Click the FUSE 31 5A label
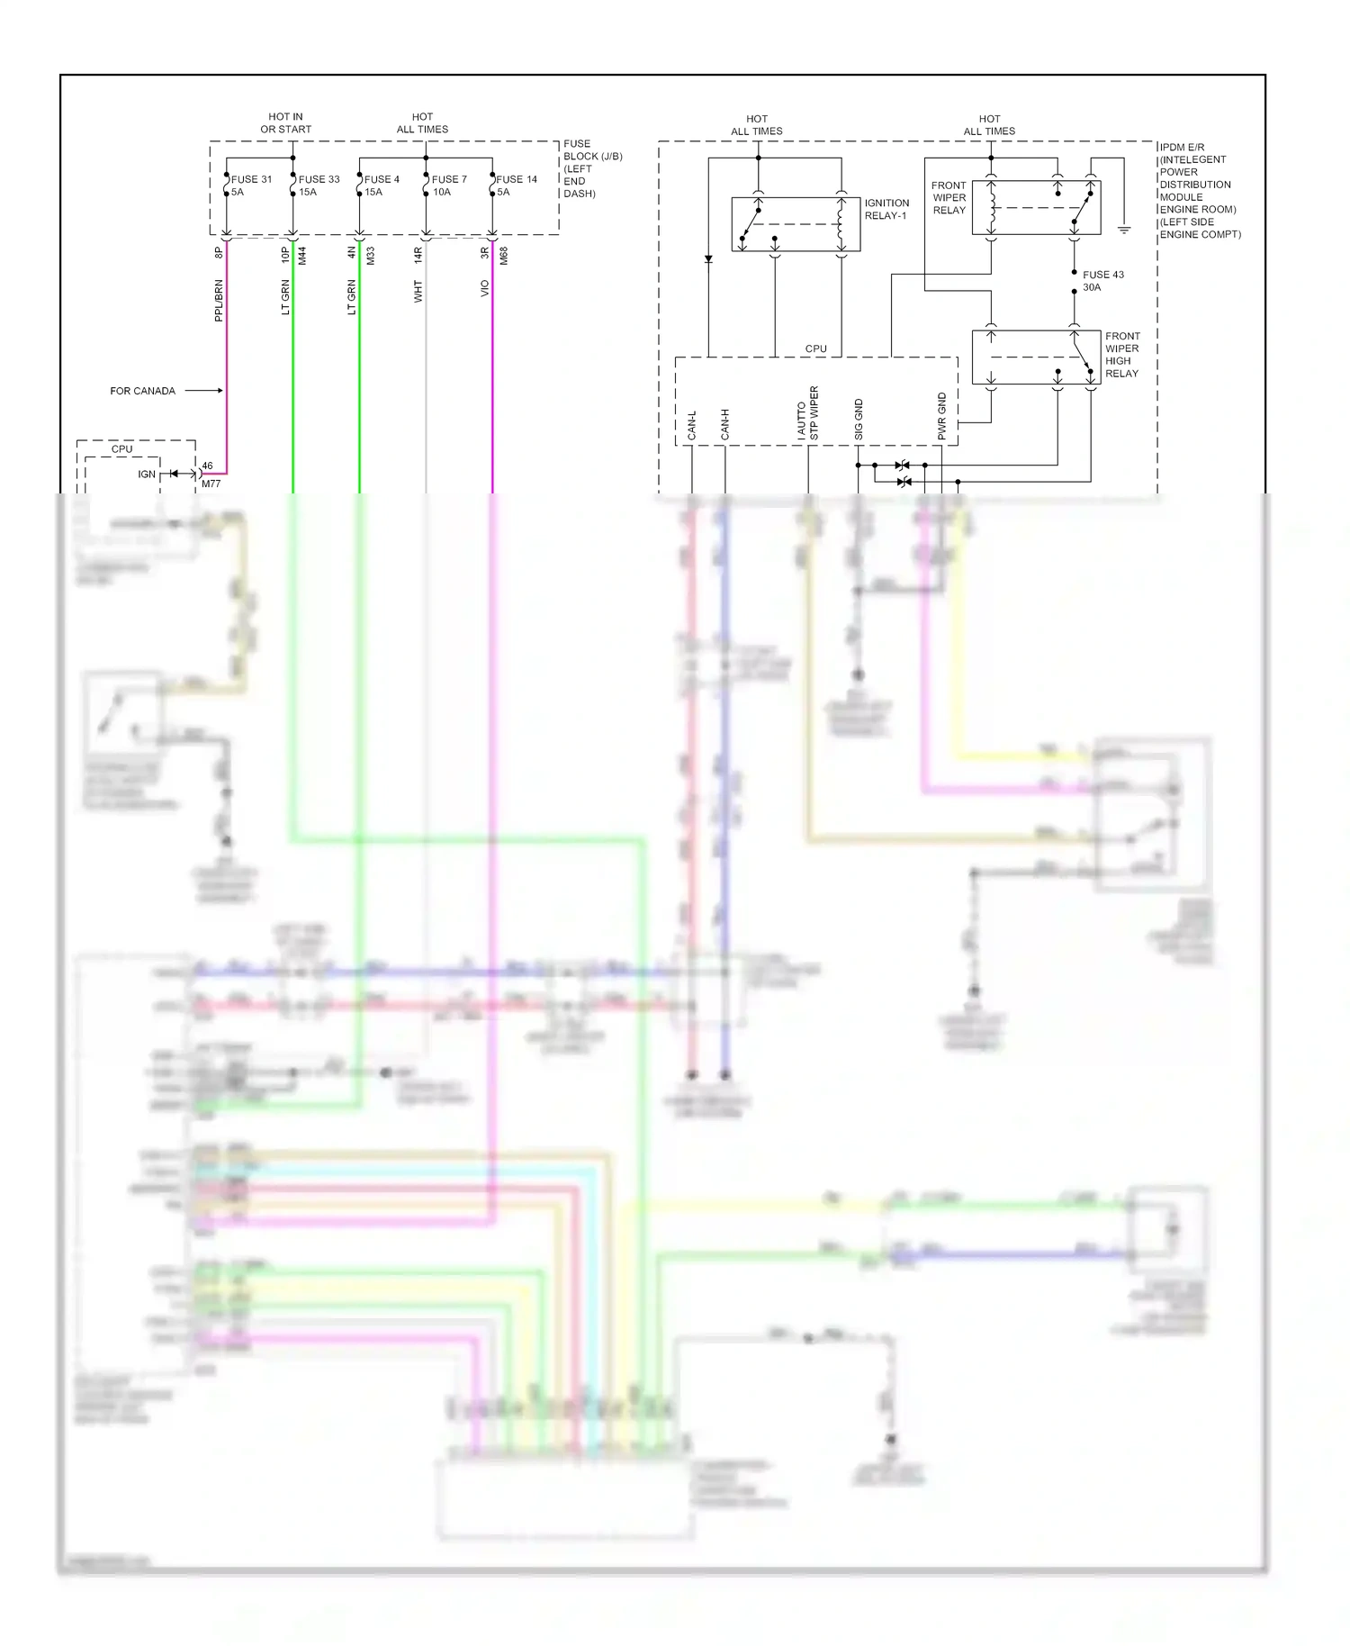point(250,185)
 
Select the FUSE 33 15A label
point(319,185)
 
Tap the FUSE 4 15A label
point(381,185)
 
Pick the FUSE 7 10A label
point(448,185)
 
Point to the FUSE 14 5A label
point(516,185)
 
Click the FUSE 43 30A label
point(1102,281)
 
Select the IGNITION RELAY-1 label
point(886,209)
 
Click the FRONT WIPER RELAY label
point(949,197)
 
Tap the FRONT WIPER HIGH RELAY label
point(1121,355)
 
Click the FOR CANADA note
point(142,391)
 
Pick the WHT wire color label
point(418,292)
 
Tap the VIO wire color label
point(484,289)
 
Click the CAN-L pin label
point(692,425)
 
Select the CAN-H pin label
point(724,425)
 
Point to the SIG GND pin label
point(859,420)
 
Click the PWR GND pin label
point(942,417)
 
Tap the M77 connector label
point(211,484)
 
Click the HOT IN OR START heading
point(285,123)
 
